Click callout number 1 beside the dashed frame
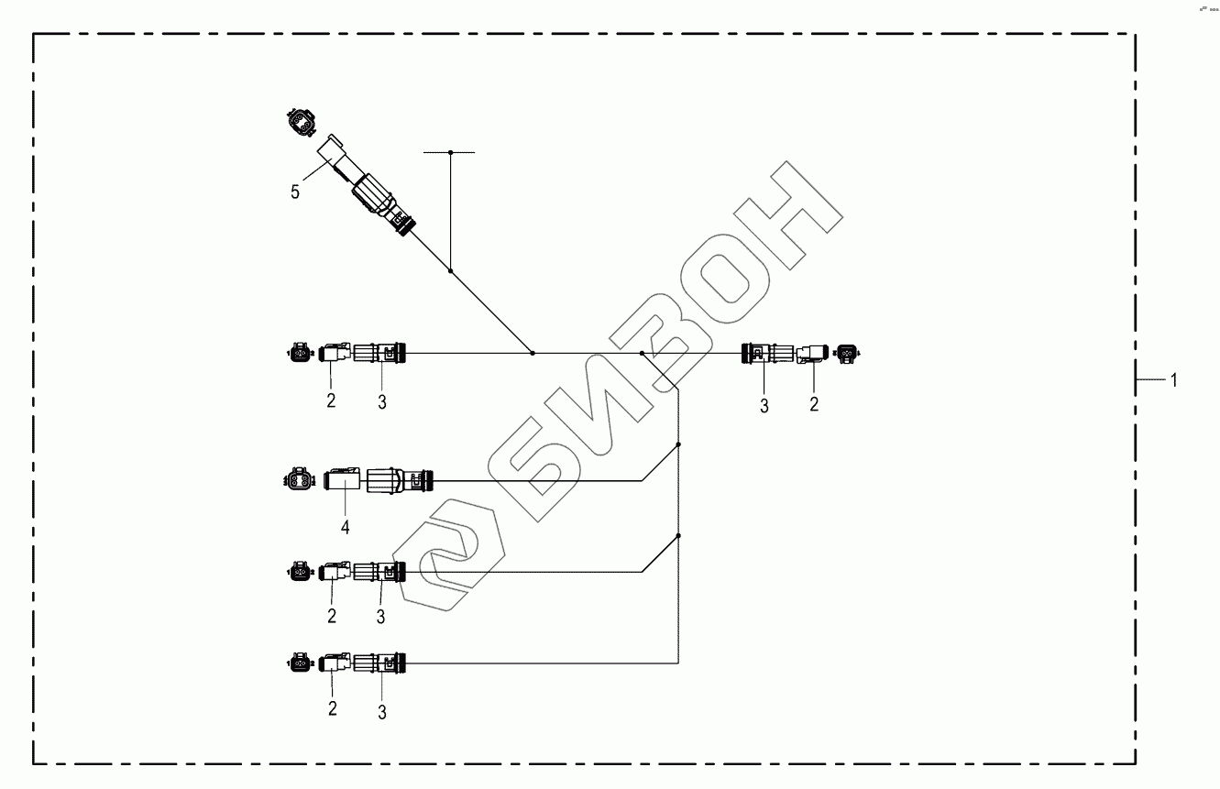pyautogui.click(x=1172, y=380)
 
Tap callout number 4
pyautogui.click(x=346, y=527)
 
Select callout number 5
pyautogui.click(x=295, y=192)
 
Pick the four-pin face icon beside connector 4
pyautogui.click(x=298, y=477)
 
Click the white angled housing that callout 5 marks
pyautogui.click(x=331, y=157)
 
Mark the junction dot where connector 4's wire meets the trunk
pyautogui.click(x=678, y=444)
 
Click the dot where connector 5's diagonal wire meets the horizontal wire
pyautogui.click(x=533, y=353)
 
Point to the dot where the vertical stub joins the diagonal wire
pyautogui.click(x=450, y=271)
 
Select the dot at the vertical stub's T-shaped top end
pyautogui.click(x=450, y=152)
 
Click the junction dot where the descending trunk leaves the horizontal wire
pyautogui.click(x=642, y=353)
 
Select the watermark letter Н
pyautogui.click(x=787, y=211)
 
